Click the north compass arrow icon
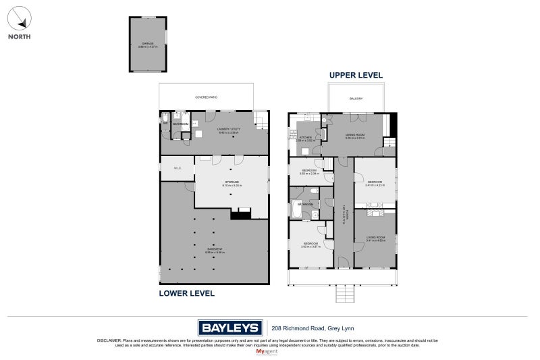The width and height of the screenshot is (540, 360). coord(19,16)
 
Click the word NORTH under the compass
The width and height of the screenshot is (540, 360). coord(19,36)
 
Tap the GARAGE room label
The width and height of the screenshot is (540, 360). coord(148,44)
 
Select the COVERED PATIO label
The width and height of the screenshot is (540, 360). coord(206,97)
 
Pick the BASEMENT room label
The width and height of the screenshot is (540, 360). coord(214,251)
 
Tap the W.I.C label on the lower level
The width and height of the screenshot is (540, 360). coord(176,168)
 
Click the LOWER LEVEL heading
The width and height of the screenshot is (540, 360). coord(186,293)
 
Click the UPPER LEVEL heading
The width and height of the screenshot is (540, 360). coord(356,75)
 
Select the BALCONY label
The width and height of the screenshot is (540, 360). coord(356,99)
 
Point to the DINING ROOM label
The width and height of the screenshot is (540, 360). coord(355,135)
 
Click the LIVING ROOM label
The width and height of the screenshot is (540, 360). coord(375,238)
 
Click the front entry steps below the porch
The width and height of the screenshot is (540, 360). coord(344,294)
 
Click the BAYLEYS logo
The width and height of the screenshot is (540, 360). coord(230,328)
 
